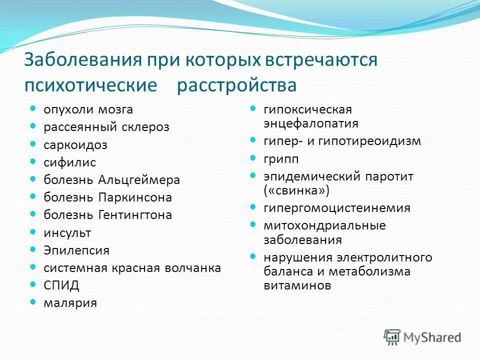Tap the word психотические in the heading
pyautogui.click(x=90, y=84)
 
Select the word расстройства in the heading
pyautogui.click(x=236, y=84)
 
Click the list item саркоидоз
pyautogui.click(x=75, y=145)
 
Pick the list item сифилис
pyautogui.click(x=69, y=162)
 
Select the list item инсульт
pyautogui.click(x=67, y=232)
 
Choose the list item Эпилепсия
pyautogui.click(x=76, y=250)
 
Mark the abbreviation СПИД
pyautogui.click(x=61, y=285)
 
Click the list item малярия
pyautogui.click(x=70, y=303)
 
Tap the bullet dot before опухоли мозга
pyautogui.click(x=33, y=108)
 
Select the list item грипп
pyautogui.click(x=281, y=159)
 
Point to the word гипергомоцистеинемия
pyautogui.click(x=337, y=208)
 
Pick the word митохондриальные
pyautogui.click(x=324, y=225)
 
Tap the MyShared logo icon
pyautogui.click(x=392, y=336)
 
